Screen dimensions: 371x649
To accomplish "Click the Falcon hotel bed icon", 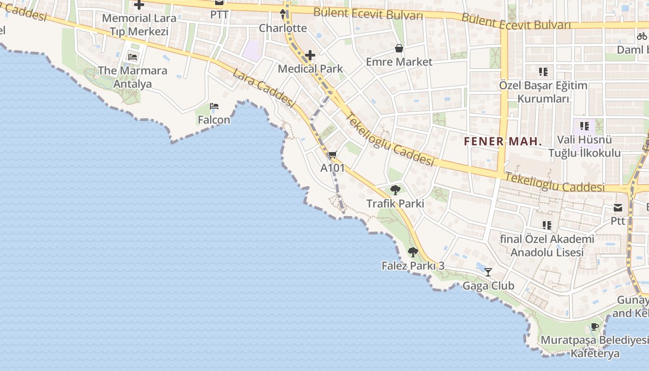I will [x=214, y=106].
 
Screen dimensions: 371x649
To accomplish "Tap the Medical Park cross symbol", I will [x=310, y=56].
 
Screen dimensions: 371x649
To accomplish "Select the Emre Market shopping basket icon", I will [x=399, y=48].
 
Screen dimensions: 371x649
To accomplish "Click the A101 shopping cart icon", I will [x=332, y=155].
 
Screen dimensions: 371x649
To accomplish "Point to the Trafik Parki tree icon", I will [x=395, y=190].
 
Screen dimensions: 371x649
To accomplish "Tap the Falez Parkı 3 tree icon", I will [x=413, y=252].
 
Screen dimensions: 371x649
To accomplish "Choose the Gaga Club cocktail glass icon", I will [x=488, y=272].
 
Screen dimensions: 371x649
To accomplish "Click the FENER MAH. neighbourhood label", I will [x=503, y=142].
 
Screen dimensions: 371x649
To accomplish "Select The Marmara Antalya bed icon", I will [x=133, y=58].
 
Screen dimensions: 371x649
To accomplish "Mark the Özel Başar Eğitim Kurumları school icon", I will [x=543, y=72].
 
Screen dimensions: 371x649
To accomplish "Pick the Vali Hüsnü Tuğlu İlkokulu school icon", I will [x=584, y=126].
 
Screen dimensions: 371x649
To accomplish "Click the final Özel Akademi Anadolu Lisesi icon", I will [x=547, y=225].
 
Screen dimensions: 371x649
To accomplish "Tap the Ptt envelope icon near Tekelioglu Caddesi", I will [x=618, y=208].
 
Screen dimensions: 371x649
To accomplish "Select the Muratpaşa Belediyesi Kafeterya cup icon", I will [x=595, y=326].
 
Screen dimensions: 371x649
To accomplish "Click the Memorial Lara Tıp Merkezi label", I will [x=139, y=25].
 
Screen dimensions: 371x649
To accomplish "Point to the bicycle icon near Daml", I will [x=642, y=36].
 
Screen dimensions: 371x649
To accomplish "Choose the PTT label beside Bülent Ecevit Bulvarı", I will [x=219, y=14].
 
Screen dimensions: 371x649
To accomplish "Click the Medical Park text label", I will [x=310, y=69].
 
